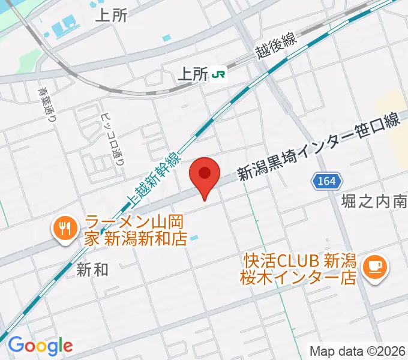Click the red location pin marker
pos(205,175)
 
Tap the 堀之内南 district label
pos(374,201)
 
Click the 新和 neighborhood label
pos(92,270)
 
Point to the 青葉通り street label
pos(44,104)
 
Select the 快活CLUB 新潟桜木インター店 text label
pos(300,269)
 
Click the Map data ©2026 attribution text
pos(358,350)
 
